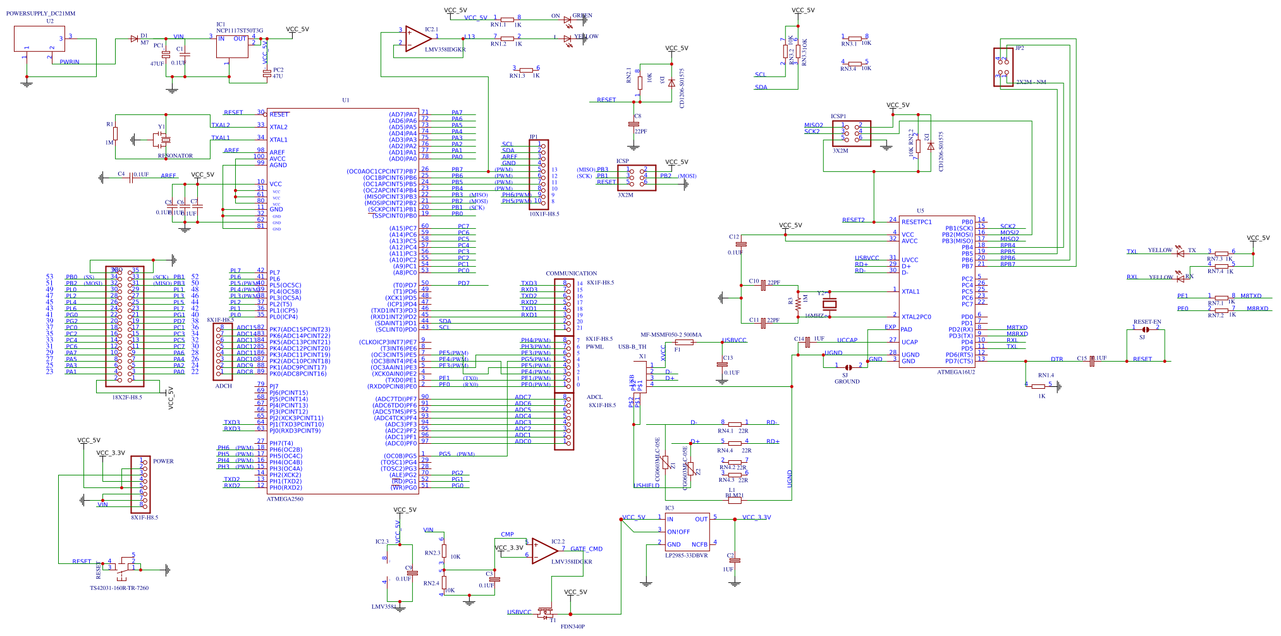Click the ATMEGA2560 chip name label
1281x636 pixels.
click(x=285, y=499)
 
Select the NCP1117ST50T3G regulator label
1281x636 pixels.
click(x=240, y=30)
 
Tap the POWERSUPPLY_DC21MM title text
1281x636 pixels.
click(x=40, y=13)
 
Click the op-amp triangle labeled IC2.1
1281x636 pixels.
click(x=417, y=39)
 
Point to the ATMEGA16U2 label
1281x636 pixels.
click(x=955, y=372)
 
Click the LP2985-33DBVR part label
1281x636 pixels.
click(x=686, y=555)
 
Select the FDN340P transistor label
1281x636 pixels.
click(x=572, y=627)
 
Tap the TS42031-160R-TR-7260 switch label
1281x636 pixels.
click(x=119, y=588)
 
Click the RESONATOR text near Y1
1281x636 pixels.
click(x=175, y=156)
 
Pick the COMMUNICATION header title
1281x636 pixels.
click(x=571, y=273)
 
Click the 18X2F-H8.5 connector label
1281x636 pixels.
click(x=127, y=398)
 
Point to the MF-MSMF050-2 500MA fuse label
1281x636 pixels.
click(x=671, y=335)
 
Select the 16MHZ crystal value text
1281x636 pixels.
click(x=814, y=315)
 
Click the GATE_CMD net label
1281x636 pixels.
click(x=586, y=549)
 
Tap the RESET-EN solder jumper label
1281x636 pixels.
click(x=1147, y=322)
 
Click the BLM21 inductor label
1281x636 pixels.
click(x=733, y=496)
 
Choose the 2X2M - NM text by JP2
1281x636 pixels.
click(x=1031, y=82)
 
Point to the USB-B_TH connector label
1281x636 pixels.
click(x=632, y=346)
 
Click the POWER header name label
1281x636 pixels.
click(x=163, y=461)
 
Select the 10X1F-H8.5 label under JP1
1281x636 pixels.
click(x=544, y=214)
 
